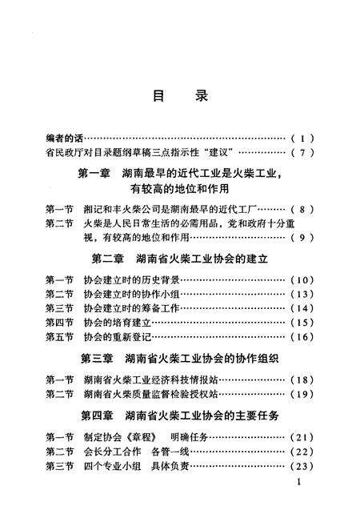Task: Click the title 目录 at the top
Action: pyautogui.click(x=180, y=95)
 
